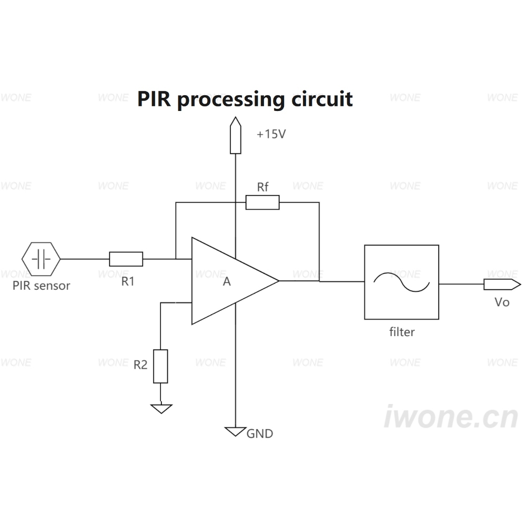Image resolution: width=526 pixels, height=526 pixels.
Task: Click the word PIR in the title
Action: click(x=154, y=99)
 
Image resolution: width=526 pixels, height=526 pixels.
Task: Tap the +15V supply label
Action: click(x=271, y=134)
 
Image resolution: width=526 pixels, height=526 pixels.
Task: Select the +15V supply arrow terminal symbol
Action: click(x=236, y=135)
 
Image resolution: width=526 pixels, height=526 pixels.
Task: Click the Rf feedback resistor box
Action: click(x=262, y=203)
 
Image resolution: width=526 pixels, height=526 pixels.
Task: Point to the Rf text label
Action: click(x=262, y=187)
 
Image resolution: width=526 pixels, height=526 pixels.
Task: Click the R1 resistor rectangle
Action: click(x=126, y=259)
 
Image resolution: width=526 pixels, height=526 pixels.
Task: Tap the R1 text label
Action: click(x=127, y=281)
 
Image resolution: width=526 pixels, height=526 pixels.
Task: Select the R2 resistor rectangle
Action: click(x=160, y=366)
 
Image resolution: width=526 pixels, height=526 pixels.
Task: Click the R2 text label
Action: click(x=140, y=365)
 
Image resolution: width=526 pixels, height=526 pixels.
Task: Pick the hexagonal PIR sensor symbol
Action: click(x=41, y=259)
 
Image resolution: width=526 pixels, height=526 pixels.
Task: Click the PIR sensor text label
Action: click(x=41, y=286)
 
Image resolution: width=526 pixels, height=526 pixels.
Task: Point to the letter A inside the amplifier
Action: click(x=227, y=281)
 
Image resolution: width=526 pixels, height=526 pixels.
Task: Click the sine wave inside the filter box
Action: click(x=401, y=282)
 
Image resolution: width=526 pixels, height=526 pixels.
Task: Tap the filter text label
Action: click(x=402, y=332)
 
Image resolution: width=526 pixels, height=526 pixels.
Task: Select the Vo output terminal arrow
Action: click(x=502, y=285)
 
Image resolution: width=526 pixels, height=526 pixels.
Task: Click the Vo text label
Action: click(x=502, y=302)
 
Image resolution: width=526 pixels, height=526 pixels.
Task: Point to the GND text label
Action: click(x=260, y=434)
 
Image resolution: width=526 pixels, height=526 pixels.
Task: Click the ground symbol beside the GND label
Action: click(x=236, y=431)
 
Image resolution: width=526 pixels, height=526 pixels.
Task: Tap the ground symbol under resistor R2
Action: click(x=161, y=409)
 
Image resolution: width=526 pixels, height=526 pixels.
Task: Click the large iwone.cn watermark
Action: click(x=451, y=416)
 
